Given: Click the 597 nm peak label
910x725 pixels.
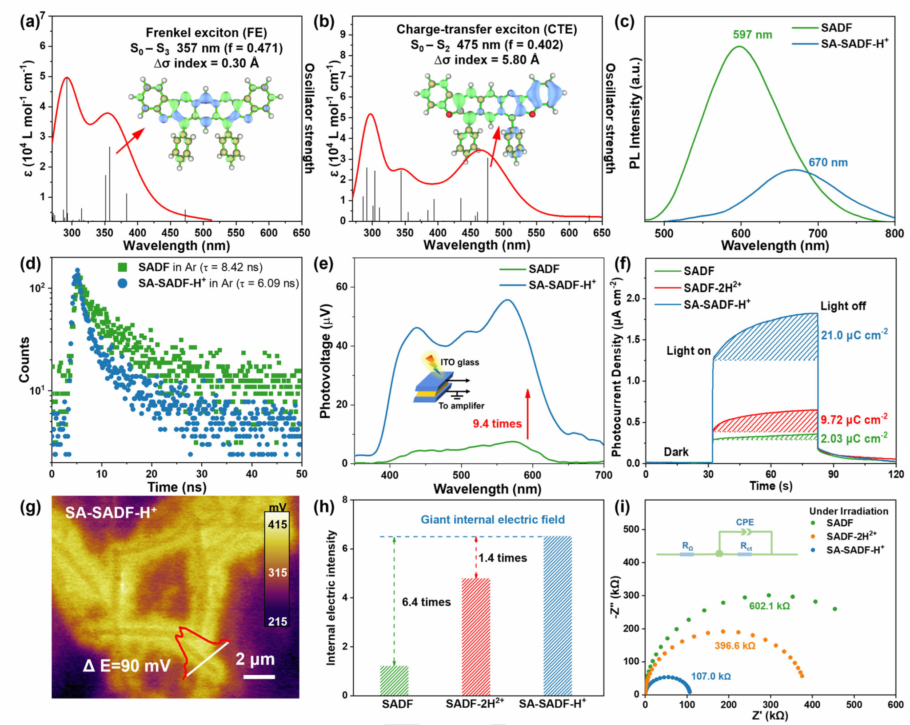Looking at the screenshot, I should (752, 35).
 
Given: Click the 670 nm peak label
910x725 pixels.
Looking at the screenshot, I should (828, 162).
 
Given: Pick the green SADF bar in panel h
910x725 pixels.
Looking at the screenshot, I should (394, 680).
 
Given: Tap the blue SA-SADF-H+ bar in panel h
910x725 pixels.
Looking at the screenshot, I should (557, 616).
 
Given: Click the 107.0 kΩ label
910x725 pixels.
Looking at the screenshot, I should (710, 676).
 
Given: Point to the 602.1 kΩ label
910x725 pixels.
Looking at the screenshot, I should (769, 606).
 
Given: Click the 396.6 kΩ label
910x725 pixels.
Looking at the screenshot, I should (735, 645).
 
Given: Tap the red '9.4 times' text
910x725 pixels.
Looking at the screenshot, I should (497, 424).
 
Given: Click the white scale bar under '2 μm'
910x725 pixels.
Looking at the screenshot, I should (259, 677).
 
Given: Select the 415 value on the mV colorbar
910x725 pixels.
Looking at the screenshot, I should (277, 525).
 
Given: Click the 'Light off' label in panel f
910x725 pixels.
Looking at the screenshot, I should (842, 306).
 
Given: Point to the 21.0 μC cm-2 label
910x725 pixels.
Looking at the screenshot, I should (854, 335).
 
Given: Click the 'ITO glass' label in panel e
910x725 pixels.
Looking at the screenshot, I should (459, 362).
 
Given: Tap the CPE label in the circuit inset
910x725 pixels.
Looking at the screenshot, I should (745, 522).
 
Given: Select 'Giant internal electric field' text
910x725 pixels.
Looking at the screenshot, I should (492, 520).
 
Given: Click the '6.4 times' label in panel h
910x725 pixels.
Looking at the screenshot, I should (426, 602).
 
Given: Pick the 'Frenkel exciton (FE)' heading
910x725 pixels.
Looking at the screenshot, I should (206, 32).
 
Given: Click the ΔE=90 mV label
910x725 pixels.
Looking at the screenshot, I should (127, 665).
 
